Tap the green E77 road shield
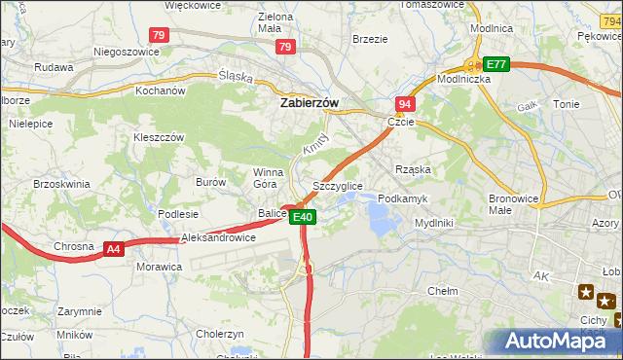coord(496,64)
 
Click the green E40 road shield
coord(303,217)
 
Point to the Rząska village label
coord(413,168)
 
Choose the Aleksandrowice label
coord(218,237)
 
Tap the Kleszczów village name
coord(158,138)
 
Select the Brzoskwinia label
coord(61,183)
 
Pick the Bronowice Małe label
coord(514,203)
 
